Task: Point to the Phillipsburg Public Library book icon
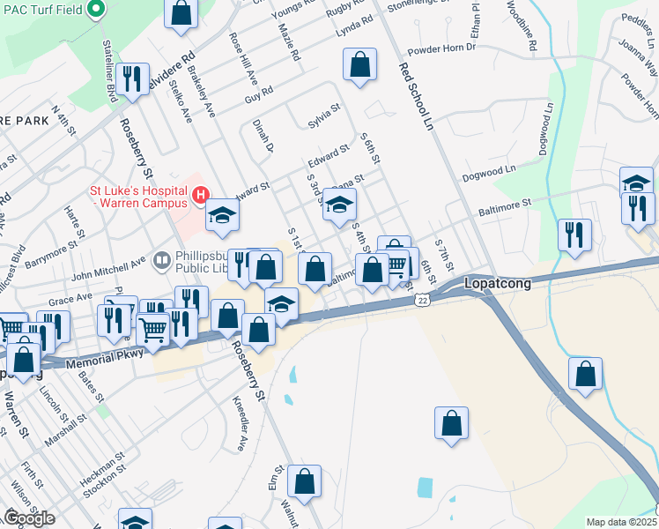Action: point(161,259)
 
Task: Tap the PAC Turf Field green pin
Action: point(99,10)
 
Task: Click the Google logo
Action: point(29,518)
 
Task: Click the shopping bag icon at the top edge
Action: point(181,13)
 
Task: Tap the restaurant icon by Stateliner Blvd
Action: point(133,78)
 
